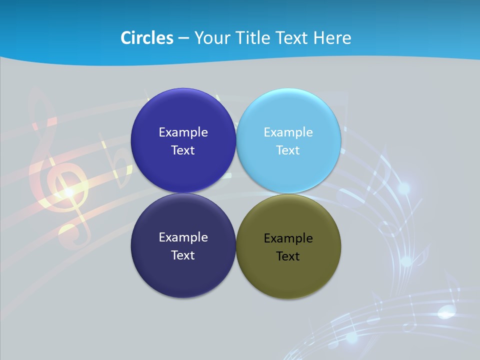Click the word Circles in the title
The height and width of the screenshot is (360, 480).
[x=146, y=37]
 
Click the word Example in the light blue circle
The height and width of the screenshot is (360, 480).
[x=288, y=132]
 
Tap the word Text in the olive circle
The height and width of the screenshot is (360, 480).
[x=288, y=256]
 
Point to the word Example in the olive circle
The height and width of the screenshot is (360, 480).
[x=288, y=238]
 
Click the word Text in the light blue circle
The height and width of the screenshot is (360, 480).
[x=288, y=150]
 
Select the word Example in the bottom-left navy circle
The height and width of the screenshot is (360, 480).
[x=183, y=237]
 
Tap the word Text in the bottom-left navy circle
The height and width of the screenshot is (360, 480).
[x=183, y=255]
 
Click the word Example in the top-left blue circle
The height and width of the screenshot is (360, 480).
[x=183, y=132]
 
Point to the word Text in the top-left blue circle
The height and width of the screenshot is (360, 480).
[x=183, y=150]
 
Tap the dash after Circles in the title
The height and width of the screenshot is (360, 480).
[x=183, y=37]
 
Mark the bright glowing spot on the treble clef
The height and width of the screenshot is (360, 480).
[x=68, y=191]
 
